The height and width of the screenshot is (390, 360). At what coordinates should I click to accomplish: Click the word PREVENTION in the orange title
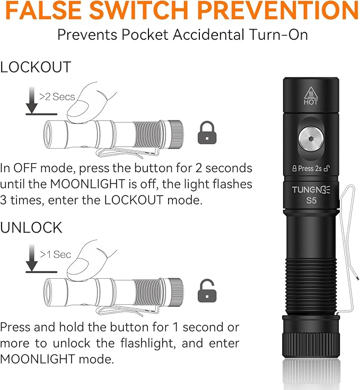pos(275,12)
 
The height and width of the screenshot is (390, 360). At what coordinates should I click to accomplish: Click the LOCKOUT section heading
pos(36,67)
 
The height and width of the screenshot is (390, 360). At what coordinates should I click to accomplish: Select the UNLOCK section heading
pos(31,228)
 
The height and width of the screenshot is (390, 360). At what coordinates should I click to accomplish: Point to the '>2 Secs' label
pos(57,96)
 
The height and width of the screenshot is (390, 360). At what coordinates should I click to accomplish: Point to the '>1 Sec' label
pos(55,255)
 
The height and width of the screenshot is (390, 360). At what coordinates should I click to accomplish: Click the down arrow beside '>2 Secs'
pos(32,101)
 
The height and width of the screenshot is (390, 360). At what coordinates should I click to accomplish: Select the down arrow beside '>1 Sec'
pos(32,259)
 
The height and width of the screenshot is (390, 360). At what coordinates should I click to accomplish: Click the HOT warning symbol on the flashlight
pos(311,95)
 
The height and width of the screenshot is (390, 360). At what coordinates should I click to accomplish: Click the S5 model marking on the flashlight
pos(311,201)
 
